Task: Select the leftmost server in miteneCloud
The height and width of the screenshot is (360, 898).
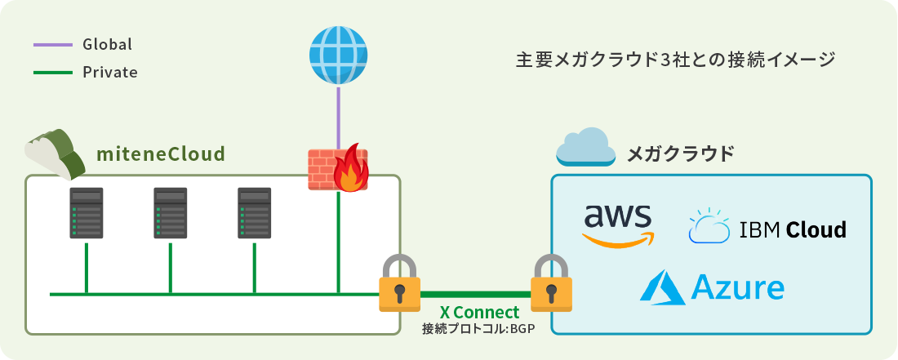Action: click(86, 213)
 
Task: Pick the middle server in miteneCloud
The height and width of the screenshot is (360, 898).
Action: click(170, 213)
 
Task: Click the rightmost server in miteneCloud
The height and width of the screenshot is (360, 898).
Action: click(254, 213)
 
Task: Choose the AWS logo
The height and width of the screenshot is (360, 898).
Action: click(618, 224)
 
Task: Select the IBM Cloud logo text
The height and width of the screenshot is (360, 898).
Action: click(792, 230)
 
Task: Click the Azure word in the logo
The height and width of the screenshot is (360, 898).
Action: click(737, 287)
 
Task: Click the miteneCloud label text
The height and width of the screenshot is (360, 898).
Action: click(161, 153)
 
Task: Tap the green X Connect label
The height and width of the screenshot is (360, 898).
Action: click(479, 313)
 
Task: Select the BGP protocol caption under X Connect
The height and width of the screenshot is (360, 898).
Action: click(478, 329)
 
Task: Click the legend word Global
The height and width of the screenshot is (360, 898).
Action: click(107, 44)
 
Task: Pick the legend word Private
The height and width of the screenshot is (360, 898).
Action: click(109, 73)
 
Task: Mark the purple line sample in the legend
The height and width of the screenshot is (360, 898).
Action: click(53, 44)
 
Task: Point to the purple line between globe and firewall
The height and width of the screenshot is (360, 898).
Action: click(338, 114)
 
